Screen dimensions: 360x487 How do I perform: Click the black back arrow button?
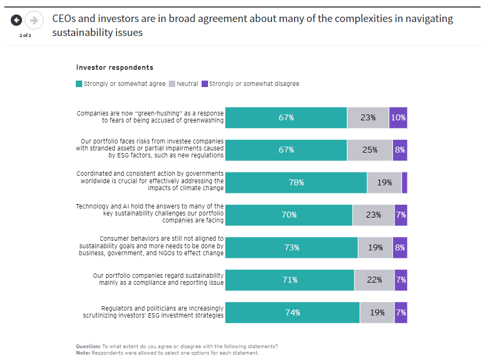coord(17,20)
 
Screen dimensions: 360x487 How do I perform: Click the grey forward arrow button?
coord(34,20)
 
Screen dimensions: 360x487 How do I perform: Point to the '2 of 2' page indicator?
coord(25,35)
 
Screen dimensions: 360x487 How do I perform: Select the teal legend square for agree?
coord(80,84)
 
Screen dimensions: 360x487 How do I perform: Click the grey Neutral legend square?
coord(172,84)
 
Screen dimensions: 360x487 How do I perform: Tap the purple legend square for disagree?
coord(204,84)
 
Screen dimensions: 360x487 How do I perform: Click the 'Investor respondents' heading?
coord(114,68)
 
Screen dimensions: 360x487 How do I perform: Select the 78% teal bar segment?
coord(296,183)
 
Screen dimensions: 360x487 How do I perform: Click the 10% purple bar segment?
coord(398,118)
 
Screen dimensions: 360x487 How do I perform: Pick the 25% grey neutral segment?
coord(370,150)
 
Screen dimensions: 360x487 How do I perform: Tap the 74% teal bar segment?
coord(292,312)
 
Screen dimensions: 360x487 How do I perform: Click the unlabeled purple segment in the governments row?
coord(404,183)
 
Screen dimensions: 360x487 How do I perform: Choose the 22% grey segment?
coord(374,280)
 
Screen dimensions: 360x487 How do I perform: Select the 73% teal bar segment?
coord(291,248)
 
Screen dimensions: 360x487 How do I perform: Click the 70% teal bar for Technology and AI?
coord(289,215)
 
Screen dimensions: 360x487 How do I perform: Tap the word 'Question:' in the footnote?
coord(88,346)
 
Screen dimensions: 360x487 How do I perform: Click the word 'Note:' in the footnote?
coord(83,353)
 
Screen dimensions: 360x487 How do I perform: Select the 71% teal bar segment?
coord(289,280)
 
